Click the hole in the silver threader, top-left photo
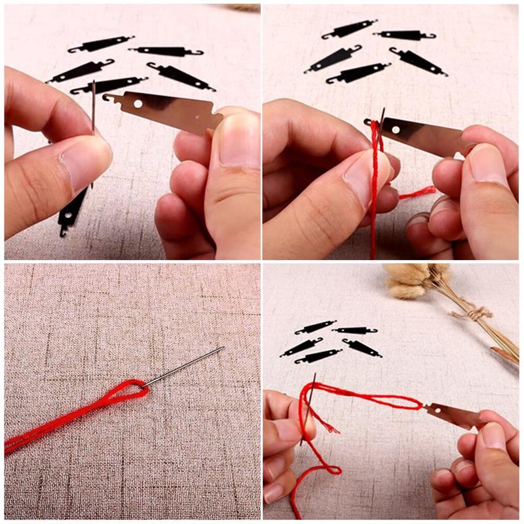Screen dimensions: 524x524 pos(138,103)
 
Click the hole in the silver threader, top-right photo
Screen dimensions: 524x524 pos(396,130)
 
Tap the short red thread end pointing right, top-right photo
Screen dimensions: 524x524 pos(419,192)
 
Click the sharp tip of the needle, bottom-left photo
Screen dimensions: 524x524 pos(222,348)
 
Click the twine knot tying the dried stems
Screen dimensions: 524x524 pos(475,314)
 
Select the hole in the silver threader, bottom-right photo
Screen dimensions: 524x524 pos(433,411)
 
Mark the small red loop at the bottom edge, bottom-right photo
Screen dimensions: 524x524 pos(327,470)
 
